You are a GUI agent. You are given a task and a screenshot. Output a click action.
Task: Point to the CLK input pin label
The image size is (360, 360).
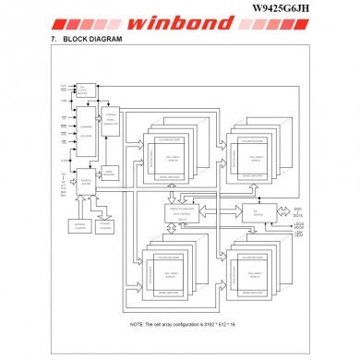pos(63,86)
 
